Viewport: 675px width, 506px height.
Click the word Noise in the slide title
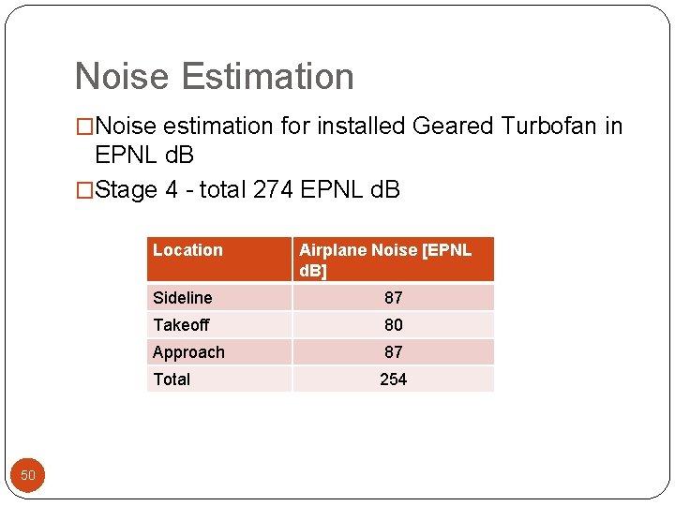pos(119,77)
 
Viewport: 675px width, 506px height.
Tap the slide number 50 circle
pos(28,475)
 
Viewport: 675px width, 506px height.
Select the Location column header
pos(187,250)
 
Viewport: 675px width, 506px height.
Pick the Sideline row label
pos(183,298)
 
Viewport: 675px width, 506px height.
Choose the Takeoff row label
pos(181,325)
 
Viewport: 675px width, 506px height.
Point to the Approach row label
pos(188,352)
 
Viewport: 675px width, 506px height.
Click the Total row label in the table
pos(172,379)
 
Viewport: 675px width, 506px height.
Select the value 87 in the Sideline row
pos(394,298)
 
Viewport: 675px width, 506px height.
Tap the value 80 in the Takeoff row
pos(394,325)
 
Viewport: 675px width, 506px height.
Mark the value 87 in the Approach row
pos(394,352)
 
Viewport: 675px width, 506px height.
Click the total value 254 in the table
pos(394,379)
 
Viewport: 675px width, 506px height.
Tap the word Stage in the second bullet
pos(127,190)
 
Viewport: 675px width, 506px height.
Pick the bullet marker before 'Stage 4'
pos(84,190)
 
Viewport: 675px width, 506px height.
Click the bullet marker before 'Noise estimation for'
pos(84,126)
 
